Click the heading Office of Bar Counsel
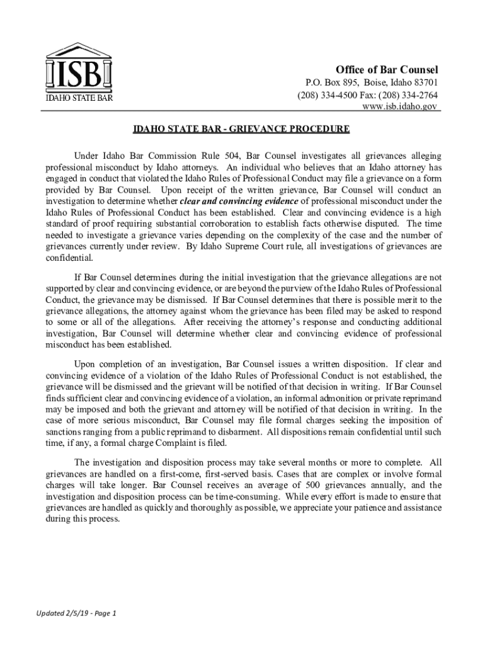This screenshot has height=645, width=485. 386,69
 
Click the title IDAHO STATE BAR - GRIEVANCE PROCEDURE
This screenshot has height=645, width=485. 241,130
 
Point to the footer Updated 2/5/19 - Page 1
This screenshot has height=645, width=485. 67,613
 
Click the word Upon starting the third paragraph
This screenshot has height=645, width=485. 86,363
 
